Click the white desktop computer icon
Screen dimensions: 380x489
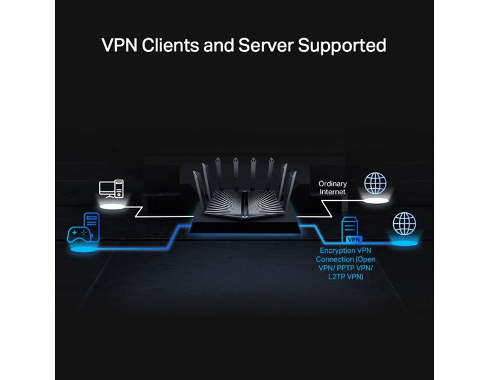coord(113,188)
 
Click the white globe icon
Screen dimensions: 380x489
coord(376,183)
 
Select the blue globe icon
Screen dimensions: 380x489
coord(403,223)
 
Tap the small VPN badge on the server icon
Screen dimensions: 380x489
coord(353,239)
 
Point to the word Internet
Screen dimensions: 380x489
coord(332,191)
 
